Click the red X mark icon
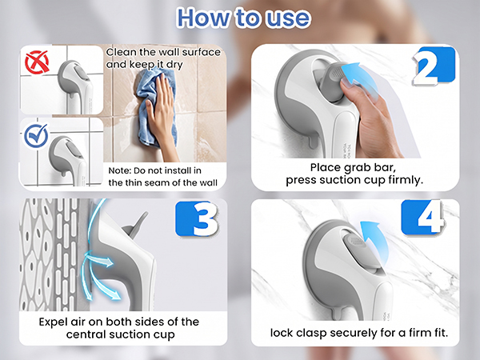tap(37, 62)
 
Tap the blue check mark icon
tap(37, 135)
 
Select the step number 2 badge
tap(434, 66)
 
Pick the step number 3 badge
tap(198, 218)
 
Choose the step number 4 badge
tap(423, 217)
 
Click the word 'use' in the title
tap(287, 18)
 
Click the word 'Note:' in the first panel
tap(119, 170)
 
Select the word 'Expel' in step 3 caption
tap(53, 322)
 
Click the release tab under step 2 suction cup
tap(312, 142)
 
